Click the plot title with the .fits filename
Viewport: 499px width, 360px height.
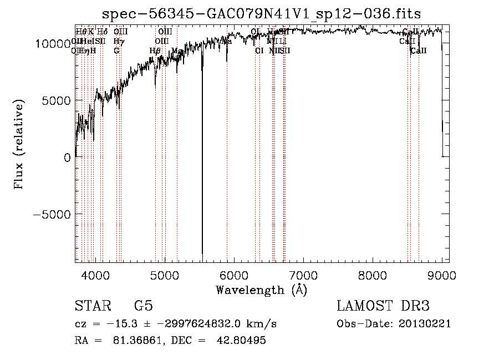pos(262,13)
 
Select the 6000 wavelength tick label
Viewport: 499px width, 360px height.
pos(233,273)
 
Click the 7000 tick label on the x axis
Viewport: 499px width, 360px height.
pos(303,273)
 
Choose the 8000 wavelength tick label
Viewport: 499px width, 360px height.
pos(372,273)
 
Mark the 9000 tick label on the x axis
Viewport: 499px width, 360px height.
pos(441,273)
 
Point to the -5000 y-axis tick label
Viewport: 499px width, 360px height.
pos(53,214)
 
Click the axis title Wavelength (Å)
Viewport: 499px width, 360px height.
pos(261,290)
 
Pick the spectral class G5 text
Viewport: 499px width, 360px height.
pos(143,306)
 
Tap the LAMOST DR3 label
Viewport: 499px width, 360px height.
pos(383,306)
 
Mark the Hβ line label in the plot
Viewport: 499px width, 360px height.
pos(155,50)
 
